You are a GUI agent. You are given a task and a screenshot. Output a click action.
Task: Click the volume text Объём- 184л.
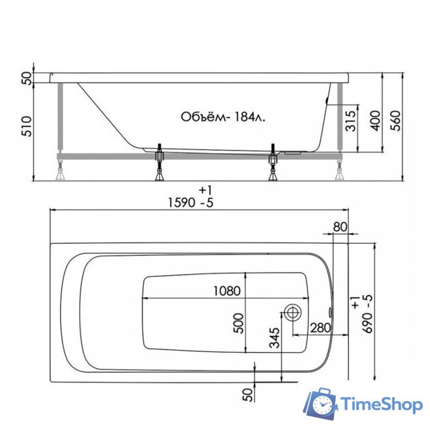coord(222,117)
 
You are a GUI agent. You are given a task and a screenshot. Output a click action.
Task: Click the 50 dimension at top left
coord(26,77)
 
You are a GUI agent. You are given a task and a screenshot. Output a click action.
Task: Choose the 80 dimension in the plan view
coord(339,226)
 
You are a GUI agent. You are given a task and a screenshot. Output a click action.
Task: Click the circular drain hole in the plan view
coord(293,313)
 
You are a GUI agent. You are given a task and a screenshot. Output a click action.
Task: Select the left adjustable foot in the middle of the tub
coord(159,163)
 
